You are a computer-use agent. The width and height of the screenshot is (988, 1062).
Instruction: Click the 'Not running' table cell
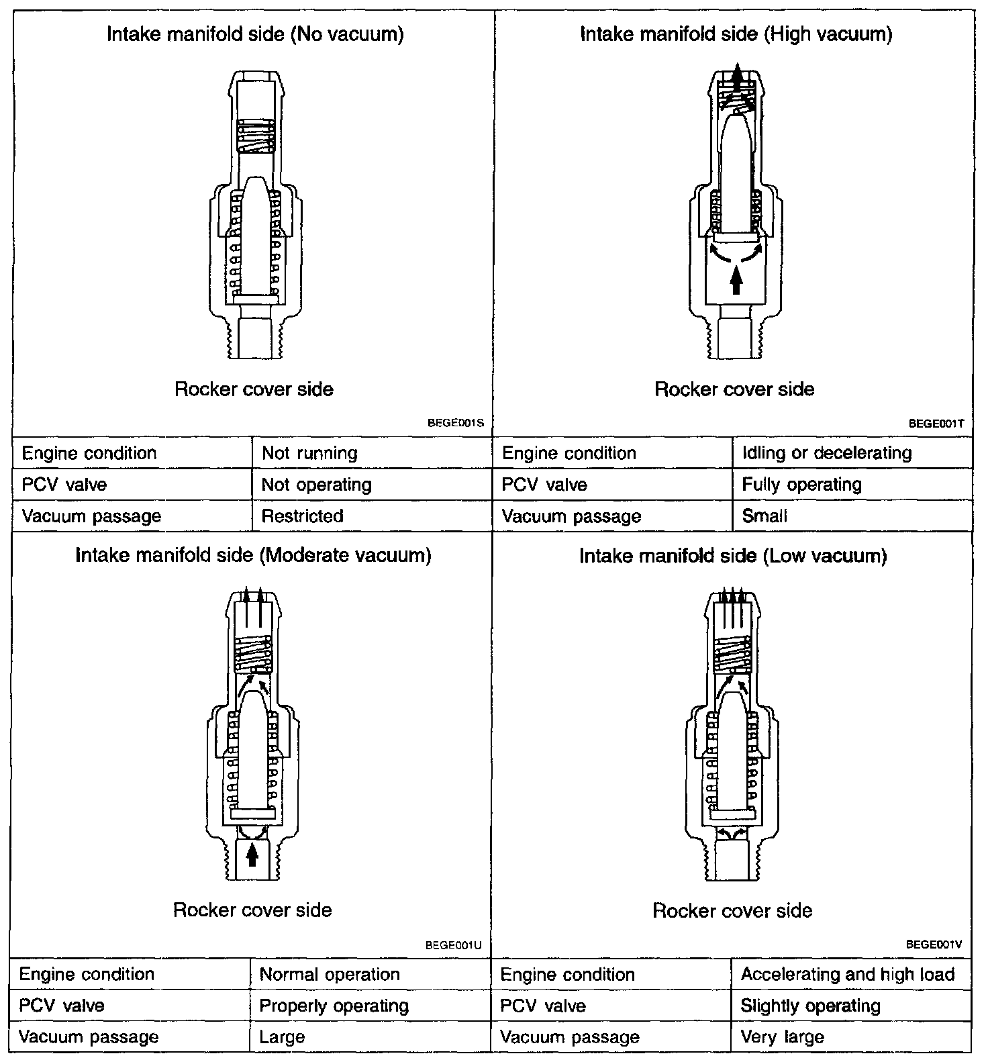(x=309, y=453)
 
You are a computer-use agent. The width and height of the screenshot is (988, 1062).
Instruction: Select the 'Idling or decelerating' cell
(x=827, y=453)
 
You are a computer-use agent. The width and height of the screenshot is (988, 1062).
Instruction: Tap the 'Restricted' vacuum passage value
(x=302, y=516)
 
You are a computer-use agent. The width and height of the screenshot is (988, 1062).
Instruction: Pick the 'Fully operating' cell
(x=801, y=485)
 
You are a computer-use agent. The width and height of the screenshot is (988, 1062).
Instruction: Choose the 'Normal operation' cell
(x=330, y=975)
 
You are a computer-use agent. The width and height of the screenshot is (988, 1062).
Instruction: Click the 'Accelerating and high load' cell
(x=847, y=975)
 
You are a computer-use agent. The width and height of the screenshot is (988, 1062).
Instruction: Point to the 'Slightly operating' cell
(x=810, y=1006)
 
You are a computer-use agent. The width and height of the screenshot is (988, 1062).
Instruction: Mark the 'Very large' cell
(x=782, y=1037)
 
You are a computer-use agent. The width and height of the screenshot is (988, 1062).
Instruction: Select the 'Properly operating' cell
(x=334, y=1006)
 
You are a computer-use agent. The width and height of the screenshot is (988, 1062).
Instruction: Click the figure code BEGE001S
(x=456, y=424)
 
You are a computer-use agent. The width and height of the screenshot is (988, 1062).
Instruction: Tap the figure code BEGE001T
(x=936, y=424)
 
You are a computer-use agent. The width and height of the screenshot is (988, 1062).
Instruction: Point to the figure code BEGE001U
(x=454, y=945)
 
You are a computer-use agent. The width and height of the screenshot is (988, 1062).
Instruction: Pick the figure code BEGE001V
(x=934, y=945)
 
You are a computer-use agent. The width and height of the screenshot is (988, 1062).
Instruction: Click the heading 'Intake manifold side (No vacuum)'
(x=255, y=34)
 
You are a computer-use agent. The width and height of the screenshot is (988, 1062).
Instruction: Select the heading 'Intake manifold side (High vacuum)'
(x=736, y=34)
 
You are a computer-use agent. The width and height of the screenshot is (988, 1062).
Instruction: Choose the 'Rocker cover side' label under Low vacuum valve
(x=732, y=911)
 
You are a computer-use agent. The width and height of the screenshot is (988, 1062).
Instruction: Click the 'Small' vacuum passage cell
(x=764, y=516)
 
